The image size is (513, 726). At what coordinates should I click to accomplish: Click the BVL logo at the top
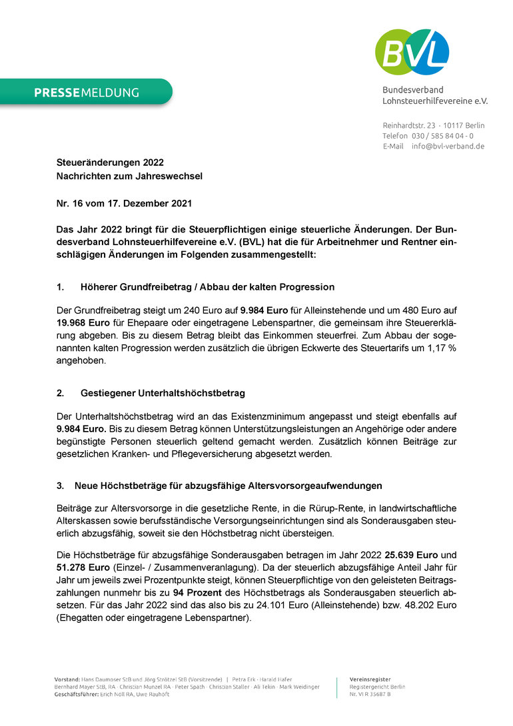click(412, 52)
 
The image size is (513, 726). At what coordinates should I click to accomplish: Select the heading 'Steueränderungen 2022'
click(110, 162)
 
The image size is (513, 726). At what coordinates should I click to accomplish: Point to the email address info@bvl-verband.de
click(448, 146)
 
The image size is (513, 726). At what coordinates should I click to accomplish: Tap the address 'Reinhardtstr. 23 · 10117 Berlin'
click(433, 125)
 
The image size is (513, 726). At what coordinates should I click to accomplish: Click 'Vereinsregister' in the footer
click(370, 679)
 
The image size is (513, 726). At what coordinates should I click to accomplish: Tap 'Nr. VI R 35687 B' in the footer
click(370, 694)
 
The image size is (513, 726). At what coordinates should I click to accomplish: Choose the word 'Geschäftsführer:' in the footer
click(75, 694)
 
